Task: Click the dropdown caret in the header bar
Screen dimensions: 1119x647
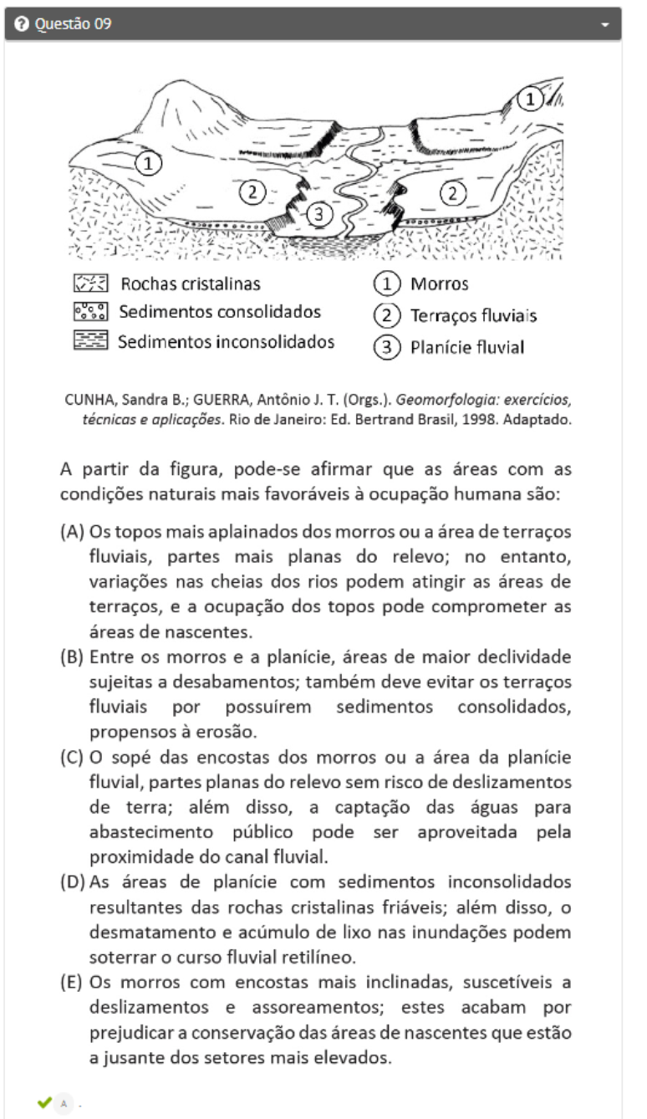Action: click(605, 25)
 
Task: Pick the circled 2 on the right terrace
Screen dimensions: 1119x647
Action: click(453, 193)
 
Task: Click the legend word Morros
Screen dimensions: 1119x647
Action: click(439, 284)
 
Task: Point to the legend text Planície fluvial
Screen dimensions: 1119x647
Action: click(466, 347)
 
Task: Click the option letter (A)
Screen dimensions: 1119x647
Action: click(71, 533)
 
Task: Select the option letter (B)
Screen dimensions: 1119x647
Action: click(71, 655)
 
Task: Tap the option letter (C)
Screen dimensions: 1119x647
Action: click(71, 758)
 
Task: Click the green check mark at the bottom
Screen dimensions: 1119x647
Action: click(44, 1102)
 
